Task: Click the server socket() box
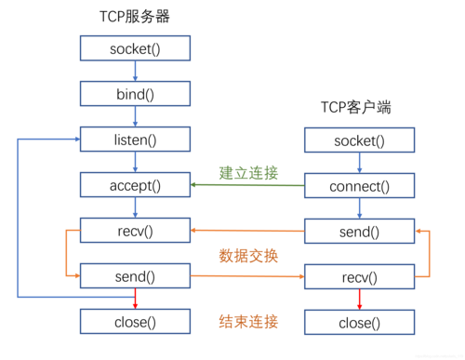(x=135, y=47)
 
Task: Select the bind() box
(x=135, y=93)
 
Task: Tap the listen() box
(x=135, y=140)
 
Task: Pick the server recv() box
(x=135, y=230)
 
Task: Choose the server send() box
(x=135, y=275)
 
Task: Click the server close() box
(x=135, y=322)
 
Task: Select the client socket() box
(x=359, y=140)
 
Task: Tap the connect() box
(x=359, y=186)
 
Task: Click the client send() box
(x=359, y=231)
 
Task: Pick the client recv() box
(x=359, y=277)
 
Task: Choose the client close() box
(x=359, y=323)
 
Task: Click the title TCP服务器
(x=135, y=17)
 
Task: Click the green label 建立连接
(x=248, y=172)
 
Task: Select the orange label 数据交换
(x=248, y=254)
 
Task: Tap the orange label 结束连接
(x=248, y=322)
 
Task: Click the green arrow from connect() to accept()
(x=248, y=185)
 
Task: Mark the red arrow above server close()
(x=135, y=299)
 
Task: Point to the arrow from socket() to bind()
(x=135, y=71)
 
